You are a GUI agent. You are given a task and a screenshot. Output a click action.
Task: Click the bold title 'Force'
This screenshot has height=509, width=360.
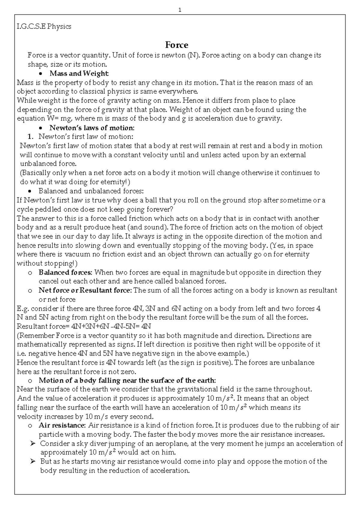pyautogui.click(x=177, y=45)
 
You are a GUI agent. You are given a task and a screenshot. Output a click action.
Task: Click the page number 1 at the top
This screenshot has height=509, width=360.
pyautogui.click(x=180, y=10)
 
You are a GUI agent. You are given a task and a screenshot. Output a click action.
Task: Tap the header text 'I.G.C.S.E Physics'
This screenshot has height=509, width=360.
pyautogui.click(x=44, y=26)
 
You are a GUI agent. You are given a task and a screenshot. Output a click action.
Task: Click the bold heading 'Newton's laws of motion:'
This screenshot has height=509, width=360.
pyautogui.click(x=92, y=128)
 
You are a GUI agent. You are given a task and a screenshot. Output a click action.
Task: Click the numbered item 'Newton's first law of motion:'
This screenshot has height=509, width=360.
pyautogui.click(x=86, y=137)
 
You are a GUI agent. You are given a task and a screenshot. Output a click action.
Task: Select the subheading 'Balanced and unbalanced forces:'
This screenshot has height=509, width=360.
pyautogui.click(x=91, y=191)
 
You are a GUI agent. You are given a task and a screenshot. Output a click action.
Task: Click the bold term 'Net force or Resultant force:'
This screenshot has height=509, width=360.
pyautogui.click(x=85, y=291)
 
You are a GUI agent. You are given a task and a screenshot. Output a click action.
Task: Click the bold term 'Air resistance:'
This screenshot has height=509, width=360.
pyautogui.click(x=62, y=426)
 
